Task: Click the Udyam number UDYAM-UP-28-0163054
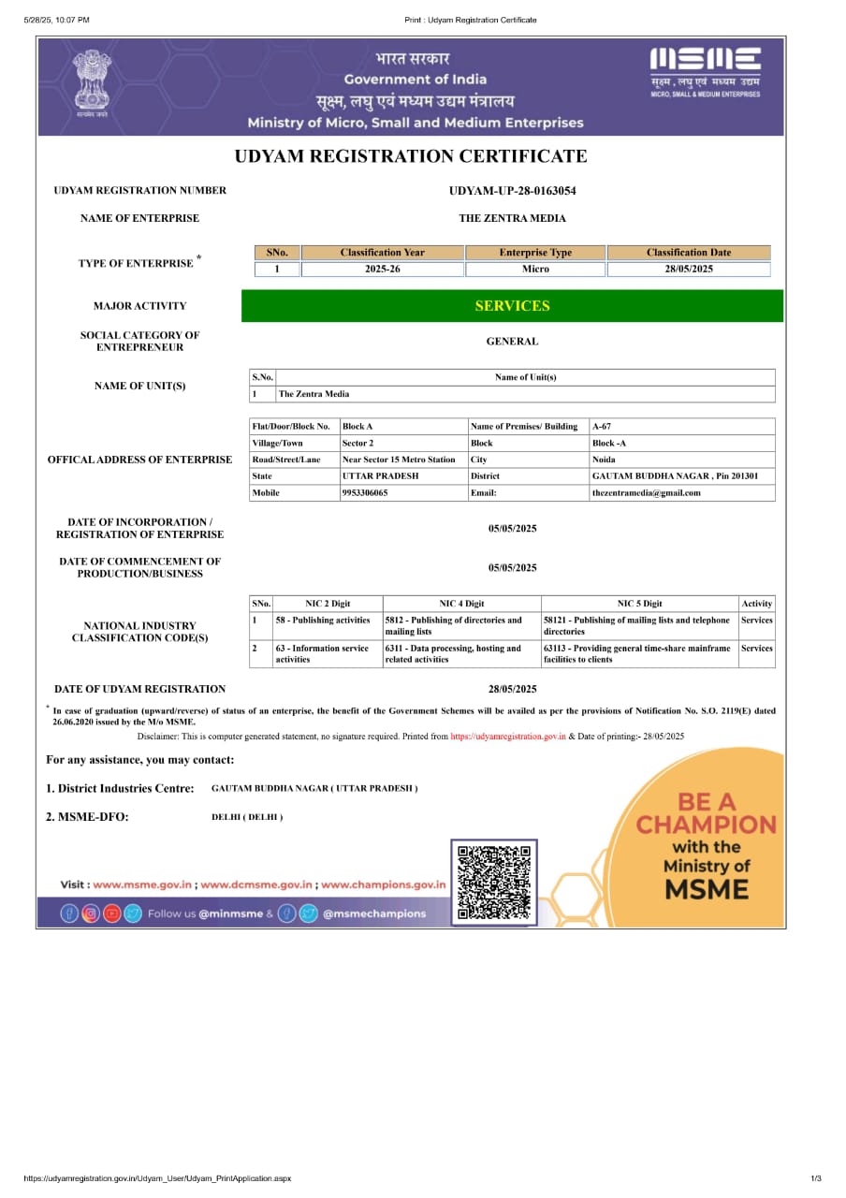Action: [512, 191]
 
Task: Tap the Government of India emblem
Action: [93, 83]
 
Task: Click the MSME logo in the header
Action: [706, 71]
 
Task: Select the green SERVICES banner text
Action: [512, 306]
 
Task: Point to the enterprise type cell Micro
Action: [535, 270]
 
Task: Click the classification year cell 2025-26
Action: [383, 270]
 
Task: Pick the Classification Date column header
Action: [689, 253]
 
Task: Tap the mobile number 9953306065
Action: [366, 493]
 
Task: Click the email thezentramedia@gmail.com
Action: [646, 493]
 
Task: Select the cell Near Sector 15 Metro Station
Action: [400, 460]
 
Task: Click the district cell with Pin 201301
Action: [675, 476]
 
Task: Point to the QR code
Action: [494, 882]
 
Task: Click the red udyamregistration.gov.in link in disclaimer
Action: [508, 737]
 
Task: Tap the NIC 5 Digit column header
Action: [639, 604]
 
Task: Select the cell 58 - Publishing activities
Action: [323, 621]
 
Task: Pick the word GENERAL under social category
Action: [512, 342]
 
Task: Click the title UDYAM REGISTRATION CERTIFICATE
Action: [411, 156]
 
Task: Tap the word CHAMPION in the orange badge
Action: [707, 825]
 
